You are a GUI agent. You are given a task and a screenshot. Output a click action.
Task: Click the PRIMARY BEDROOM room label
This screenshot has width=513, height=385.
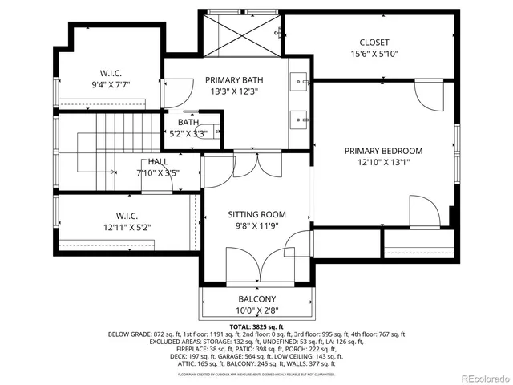coord(383,151)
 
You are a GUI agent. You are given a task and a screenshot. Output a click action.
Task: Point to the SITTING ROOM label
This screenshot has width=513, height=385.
coord(256,214)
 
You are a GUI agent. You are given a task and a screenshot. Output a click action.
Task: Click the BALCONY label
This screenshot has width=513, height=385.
coord(256,299)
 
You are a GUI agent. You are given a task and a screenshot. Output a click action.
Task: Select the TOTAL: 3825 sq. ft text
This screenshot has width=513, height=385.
coord(256,327)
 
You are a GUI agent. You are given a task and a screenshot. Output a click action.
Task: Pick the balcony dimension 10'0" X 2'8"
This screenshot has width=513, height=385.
coord(256,310)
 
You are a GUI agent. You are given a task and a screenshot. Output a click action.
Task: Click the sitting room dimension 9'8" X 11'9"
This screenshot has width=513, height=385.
coord(256,226)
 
